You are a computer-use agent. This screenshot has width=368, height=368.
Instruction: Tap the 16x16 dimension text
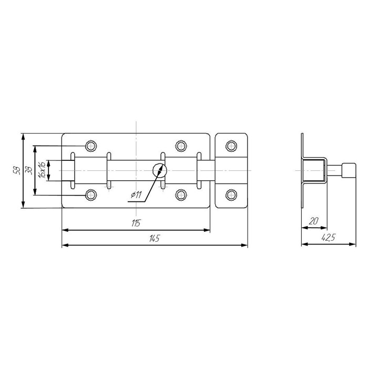(x=42, y=170)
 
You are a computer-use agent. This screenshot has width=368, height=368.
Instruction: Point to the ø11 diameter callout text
(x=136, y=195)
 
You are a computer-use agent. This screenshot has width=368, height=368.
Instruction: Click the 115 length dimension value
(x=136, y=223)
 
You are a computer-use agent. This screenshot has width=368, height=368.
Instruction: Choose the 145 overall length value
(x=154, y=238)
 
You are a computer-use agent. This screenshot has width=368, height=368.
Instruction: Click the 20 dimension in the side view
(x=313, y=221)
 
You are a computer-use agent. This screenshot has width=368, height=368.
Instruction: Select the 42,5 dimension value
(x=329, y=238)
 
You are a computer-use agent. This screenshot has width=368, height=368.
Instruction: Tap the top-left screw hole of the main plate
(x=91, y=146)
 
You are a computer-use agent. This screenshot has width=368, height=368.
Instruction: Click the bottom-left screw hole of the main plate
(x=91, y=195)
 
